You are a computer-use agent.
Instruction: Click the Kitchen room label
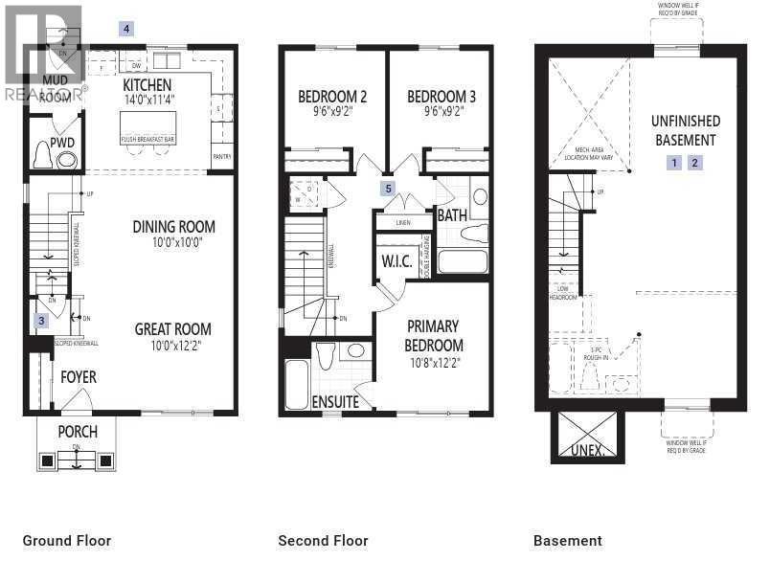pyautogui.click(x=147, y=85)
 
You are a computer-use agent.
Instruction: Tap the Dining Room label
pyautogui.click(x=173, y=227)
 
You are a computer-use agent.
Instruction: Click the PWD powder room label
pyautogui.click(x=62, y=143)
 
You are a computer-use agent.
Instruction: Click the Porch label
pyautogui.click(x=77, y=431)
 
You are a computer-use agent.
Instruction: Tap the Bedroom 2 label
pyautogui.click(x=332, y=96)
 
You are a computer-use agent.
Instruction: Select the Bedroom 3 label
pyautogui.click(x=442, y=96)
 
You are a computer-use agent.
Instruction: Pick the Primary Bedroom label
pyautogui.click(x=432, y=335)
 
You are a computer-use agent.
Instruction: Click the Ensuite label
pyautogui.click(x=335, y=402)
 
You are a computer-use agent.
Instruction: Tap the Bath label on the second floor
pyautogui.click(x=452, y=215)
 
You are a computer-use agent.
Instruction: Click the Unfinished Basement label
pyautogui.click(x=686, y=130)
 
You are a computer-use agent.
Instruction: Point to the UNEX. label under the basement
pyautogui.click(x=587, y=449)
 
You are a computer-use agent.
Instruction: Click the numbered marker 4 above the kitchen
pyautogui.click(x=126, y=29)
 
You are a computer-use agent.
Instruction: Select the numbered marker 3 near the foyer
pyautogui.click(x=41, y=321)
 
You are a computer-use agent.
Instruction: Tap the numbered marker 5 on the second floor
pyautogui.click(x=388, y=189)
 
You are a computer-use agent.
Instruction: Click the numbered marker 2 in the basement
pyautogui.click(x=695, y=163)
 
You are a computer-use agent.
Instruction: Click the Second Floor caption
pyautogui.click(x=323, y=541)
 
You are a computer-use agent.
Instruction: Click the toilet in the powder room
pyautogui.click(x=42, y=155)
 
